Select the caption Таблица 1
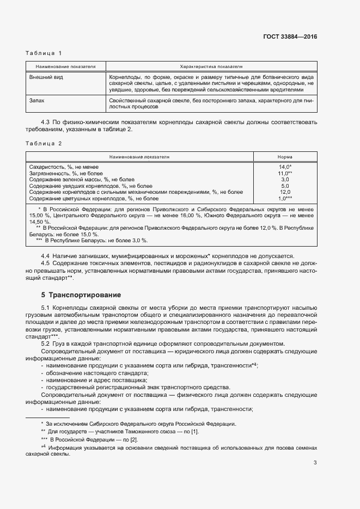(44, 53)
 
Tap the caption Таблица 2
(44, 143)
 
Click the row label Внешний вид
(46, 77)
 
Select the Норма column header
(285, 156)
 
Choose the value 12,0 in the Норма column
(285, 192)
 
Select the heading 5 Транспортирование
(81, 295)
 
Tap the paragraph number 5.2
(46, 344)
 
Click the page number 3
(315, 463)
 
